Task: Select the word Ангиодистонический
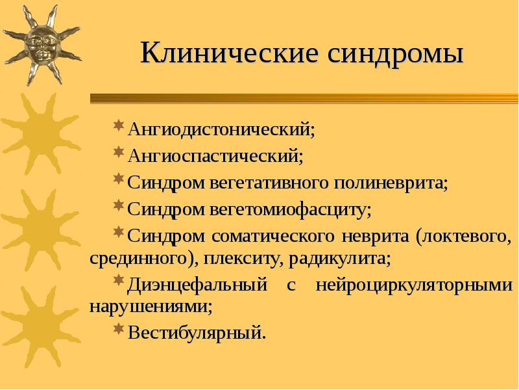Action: tap(221, 127)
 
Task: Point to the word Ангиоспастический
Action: tap(215, 156)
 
